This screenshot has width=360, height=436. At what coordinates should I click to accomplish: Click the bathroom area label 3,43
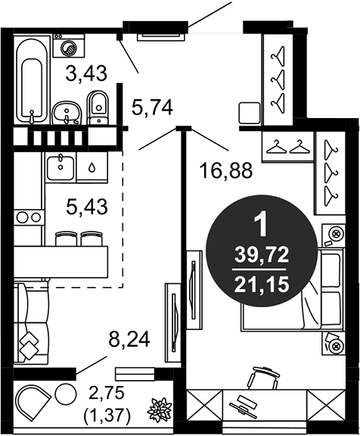pos(86,73)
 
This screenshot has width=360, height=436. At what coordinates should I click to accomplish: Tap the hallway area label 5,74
pos(152,107)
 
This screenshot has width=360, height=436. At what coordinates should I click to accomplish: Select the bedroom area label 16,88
pos(226,170)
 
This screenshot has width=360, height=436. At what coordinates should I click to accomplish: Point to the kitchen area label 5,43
pos(87,207)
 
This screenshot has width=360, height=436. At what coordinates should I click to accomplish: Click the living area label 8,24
pos(129,339)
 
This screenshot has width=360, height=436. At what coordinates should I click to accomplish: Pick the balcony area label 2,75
pos(107,394)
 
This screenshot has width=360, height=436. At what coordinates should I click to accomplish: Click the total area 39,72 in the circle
pos(262,256)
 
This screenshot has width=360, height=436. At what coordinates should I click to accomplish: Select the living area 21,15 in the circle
pos(261,285)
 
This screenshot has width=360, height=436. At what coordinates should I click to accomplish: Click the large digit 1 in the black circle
pos(261,226)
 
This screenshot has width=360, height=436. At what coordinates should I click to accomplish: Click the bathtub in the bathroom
pos(32,81)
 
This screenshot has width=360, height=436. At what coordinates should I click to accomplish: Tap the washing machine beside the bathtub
pos(69,46)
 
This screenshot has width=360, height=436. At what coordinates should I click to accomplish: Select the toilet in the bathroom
pos(97,107)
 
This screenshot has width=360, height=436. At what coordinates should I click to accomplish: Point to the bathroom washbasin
pos(67,114)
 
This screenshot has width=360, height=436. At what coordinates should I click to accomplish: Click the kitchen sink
pos(61,168)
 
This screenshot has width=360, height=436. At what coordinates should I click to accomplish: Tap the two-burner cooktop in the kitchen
pos(29,217)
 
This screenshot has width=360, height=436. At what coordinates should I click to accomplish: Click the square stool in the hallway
pos(250,113)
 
